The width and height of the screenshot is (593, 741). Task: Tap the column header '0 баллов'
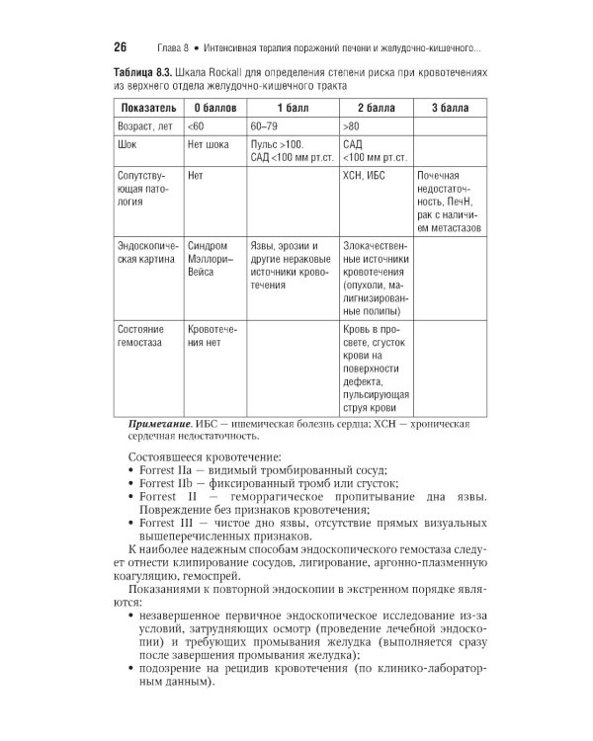pyautogui.click(x=212, y=107)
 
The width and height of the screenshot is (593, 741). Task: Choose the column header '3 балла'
pyautogui.click(x=449, y=107)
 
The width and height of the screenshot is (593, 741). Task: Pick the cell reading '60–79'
pyautogui.click(x=264, y=127)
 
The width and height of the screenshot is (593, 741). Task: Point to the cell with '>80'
pyautogui.click(x=351, y=127)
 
